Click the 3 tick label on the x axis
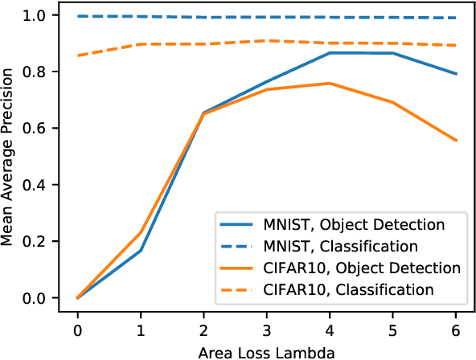267,329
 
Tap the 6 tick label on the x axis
457,329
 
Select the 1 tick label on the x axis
141,329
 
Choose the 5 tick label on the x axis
393,329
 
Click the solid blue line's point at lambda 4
330,53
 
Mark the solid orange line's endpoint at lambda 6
457,141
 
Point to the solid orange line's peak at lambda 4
330,83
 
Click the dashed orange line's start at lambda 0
77,55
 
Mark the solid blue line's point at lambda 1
141,251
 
